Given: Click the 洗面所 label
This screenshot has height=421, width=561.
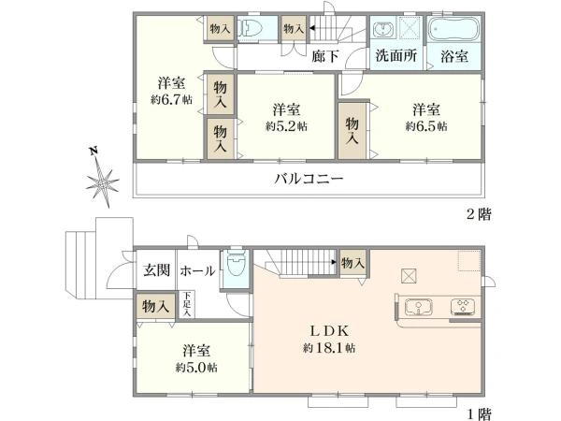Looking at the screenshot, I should tap(396, 55).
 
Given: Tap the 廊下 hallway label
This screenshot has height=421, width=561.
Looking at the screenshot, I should tap(324, 56).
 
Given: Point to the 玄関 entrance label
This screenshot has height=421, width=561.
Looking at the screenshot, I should tap(155, 271).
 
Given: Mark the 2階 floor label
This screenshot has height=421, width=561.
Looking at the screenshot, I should tap(478, 214).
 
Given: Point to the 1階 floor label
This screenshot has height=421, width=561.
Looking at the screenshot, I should tap(478, 412).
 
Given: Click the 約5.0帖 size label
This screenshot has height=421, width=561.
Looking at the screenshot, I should tap(197, 369).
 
